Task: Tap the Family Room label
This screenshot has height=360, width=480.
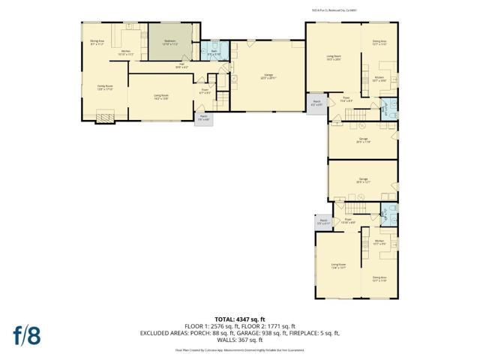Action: (x=93, y=88)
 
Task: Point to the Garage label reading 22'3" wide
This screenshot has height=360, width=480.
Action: (x=267, y=76)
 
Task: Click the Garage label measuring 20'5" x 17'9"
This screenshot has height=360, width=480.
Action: (x=363, y=140)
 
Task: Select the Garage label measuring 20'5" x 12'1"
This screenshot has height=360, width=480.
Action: (x=363, y=180)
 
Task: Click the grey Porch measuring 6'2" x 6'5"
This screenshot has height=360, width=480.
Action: (x=316, y=103)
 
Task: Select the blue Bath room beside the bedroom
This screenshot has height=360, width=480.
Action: (x=213, y=53)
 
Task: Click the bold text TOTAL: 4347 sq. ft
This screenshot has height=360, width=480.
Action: (x=240, y=319)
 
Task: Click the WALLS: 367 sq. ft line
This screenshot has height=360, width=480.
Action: (x=240, y=339)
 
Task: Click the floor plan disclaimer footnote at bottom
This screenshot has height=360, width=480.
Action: (x=240, y=349)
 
